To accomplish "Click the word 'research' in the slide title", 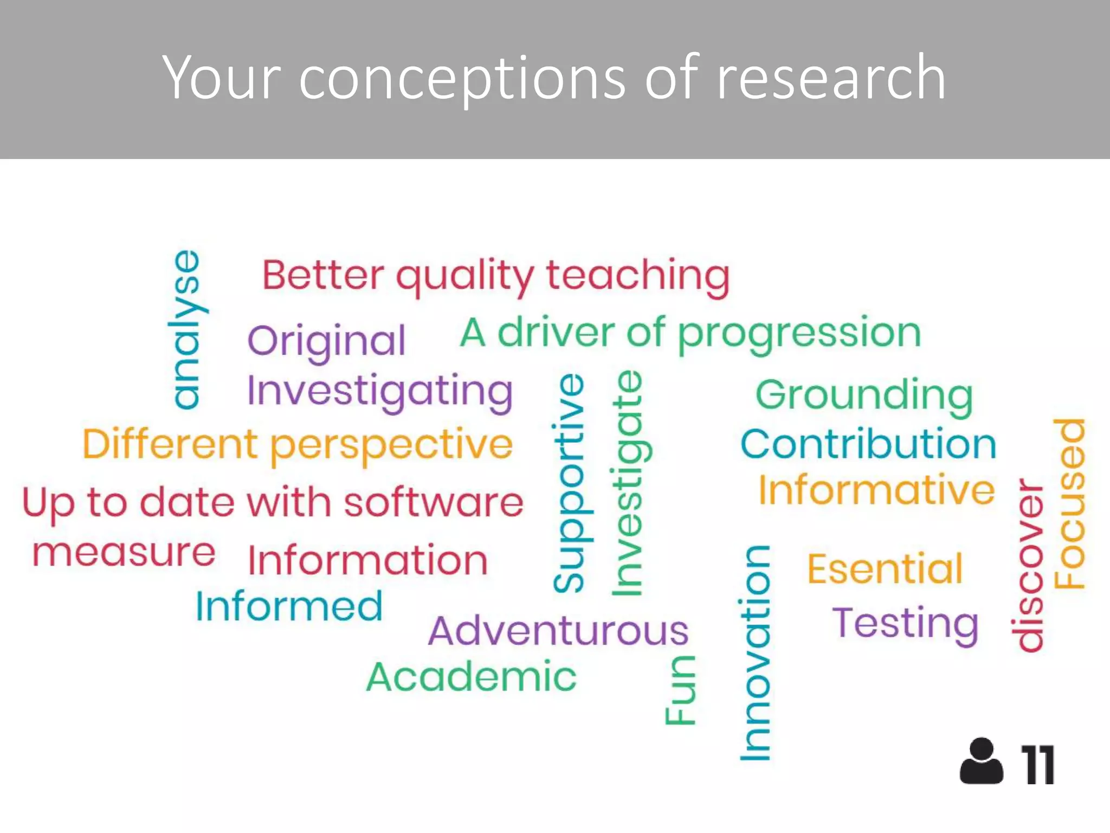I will [x=831, y=79].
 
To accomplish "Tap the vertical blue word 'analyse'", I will [x=186, y=329].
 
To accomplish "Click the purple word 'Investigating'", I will [x=379, y=392].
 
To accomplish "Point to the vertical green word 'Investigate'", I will [x=629, y=483].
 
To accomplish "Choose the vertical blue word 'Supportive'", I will [x=569, y=483].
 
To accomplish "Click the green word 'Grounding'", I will [x=864, y=396].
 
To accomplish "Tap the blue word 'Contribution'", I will [x=868, y=444].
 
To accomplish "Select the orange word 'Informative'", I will [x=876, y=490].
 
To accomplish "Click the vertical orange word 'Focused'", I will [x=1069, y=504].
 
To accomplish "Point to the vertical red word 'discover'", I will [x=1028, y=565].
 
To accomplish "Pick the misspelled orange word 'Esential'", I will [x=885, y=569].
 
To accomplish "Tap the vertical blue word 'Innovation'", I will [x=755, y=653].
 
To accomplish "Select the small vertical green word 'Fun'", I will [x=680, y=690].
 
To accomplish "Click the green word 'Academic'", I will [x=471, y=677].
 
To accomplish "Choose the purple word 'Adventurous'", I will [x=558, y=631].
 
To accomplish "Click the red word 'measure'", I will [x=124, y=553].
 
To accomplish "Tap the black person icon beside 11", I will [x=981, y=761].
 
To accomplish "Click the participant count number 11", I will [x=1037, y=765].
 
